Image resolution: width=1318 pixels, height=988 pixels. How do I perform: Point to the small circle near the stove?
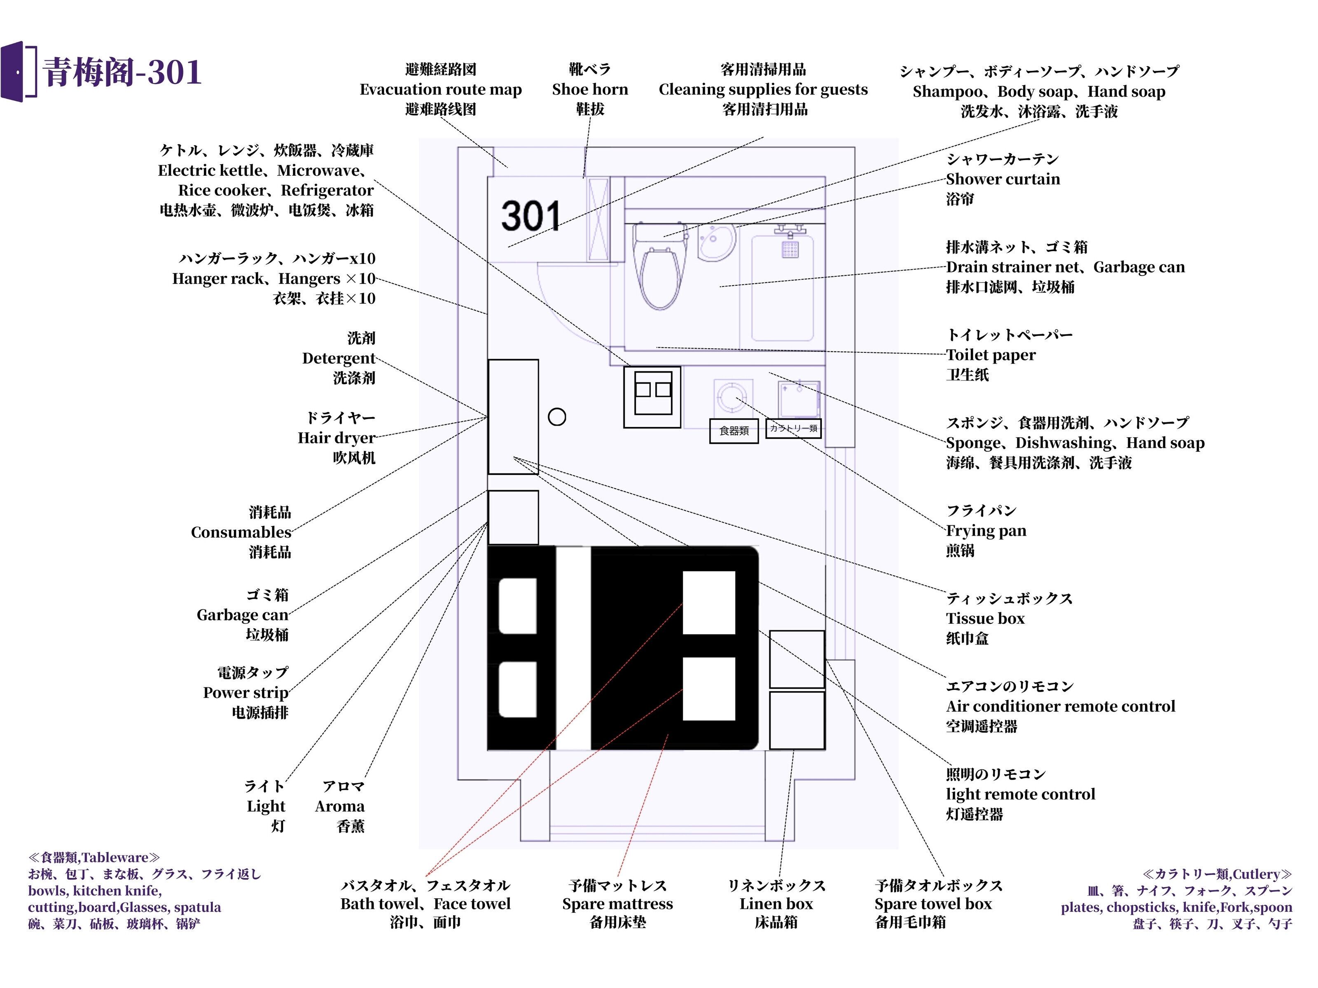click(x=556, y=417)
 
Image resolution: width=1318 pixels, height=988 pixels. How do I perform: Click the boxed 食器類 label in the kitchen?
click(x=734, y=431)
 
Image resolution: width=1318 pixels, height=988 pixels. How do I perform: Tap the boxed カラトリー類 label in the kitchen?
click(x=793, y=428)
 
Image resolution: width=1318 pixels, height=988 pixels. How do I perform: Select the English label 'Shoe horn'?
click(x=590, y=89)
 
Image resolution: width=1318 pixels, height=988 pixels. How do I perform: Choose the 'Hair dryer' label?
click(x=337, y=438)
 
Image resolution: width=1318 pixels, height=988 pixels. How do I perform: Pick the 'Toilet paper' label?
click(x=990, y=355)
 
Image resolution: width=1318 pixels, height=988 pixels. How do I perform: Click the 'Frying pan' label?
click(x=986, y=531)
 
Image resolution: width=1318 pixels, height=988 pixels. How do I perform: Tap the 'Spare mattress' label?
click(x=617, y=904)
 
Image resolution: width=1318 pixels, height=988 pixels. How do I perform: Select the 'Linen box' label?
click(x=776, y=904)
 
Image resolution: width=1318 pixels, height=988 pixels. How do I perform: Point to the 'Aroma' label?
click(x=340, y=806)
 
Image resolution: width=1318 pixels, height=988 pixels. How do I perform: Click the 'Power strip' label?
click(x=245, y=692)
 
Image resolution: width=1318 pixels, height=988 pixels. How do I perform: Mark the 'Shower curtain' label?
click(x=1003, y=179)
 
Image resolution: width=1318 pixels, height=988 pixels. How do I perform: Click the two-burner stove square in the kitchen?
click(x=652, y=396)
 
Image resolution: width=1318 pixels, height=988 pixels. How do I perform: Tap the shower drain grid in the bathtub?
click(x=790, y=249)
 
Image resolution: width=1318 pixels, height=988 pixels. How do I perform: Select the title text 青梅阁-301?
click(x=122, y=72)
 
